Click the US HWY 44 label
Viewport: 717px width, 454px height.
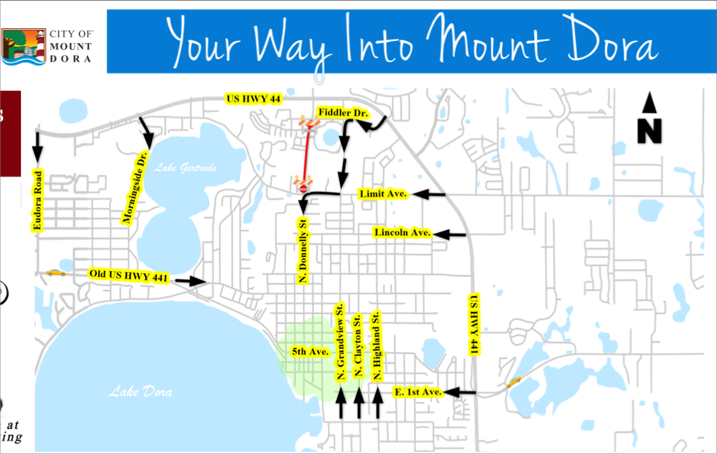253,99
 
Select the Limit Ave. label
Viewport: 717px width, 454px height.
382,194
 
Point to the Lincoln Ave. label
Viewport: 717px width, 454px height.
402,233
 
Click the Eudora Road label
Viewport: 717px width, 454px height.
37,202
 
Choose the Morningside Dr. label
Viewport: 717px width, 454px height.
135,188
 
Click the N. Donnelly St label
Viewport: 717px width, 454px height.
303,250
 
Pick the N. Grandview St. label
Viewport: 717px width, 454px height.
340,342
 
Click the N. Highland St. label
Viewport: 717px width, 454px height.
377,345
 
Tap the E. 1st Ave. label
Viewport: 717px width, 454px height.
418,391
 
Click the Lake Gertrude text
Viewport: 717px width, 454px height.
185,168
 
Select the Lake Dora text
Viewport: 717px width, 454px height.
140,391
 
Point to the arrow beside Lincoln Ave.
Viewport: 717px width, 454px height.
450,234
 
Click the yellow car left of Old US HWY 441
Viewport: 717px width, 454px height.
56,272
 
